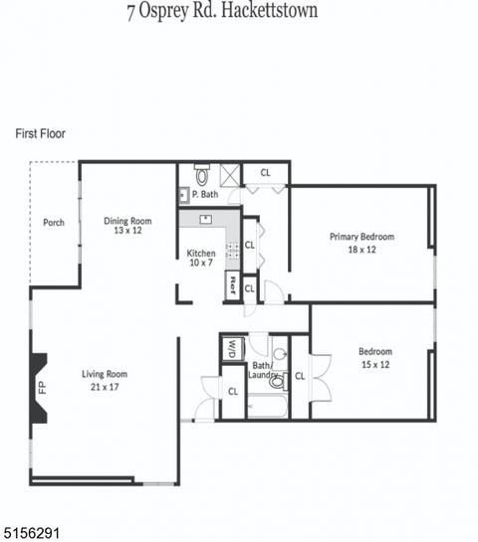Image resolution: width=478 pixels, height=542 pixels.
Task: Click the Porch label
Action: coord(54,222)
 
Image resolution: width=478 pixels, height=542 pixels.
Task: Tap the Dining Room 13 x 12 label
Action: coord(127,226)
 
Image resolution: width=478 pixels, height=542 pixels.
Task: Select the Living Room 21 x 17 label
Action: coord(105,380)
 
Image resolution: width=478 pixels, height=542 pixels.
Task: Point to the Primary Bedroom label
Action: coord(361,237)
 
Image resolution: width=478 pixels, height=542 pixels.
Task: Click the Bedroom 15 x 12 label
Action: coord(375,358)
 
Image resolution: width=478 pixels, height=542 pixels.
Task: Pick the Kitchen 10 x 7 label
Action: coord(201,258)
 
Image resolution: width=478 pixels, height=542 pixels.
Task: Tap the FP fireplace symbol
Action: coord(39,388)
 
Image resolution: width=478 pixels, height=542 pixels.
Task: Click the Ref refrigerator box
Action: coord(232,285)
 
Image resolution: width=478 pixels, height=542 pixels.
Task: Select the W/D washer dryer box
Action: coord(232,349)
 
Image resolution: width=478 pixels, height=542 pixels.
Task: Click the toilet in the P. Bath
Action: coord(202,175)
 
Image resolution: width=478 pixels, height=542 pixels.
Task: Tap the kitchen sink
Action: coord(206,219)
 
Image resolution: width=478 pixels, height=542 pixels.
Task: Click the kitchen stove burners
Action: coord(232,251)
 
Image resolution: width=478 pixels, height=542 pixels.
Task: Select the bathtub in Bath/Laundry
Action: coord(268,406)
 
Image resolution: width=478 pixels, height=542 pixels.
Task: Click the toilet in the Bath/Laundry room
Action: coord(278,381)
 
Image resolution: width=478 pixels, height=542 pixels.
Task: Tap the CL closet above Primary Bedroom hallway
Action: coord(266,172)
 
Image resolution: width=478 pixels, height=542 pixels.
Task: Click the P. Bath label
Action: coord(205,194)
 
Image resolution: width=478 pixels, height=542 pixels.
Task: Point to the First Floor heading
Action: coord(41,134)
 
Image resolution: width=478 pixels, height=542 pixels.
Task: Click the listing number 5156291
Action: coord(30,533)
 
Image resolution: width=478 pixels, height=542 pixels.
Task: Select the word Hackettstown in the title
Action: coord(269,10)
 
